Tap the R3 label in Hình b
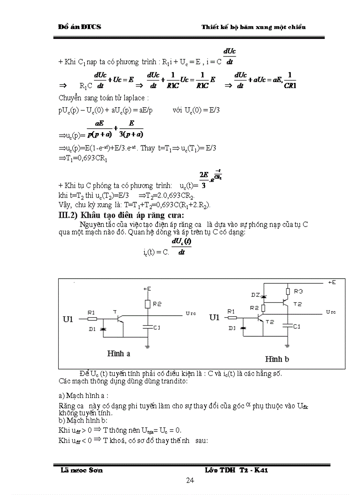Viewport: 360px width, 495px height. pyautogui.click(x=299, y=291)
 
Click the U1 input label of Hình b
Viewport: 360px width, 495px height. pyautogui.click(x=214, y=317)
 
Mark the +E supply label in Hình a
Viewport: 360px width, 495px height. pyautogui.click(x=147, y=289)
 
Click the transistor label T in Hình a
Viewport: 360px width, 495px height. pyautogui.click(x=116, y=311)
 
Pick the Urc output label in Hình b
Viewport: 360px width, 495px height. pyautogui.click(x=330, y=312)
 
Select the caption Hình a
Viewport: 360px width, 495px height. pyautogui.click(x=118, y=353)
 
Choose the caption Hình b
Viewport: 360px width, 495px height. pyautogui.click(x=277, y=359)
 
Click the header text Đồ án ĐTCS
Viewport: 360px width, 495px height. pyautogui.click(x=79, y=27)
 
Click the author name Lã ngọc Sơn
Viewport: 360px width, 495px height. pyautogui.click(x=82, y=470)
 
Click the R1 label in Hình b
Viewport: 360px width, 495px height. pyautogui.click(x=231, y=311)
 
